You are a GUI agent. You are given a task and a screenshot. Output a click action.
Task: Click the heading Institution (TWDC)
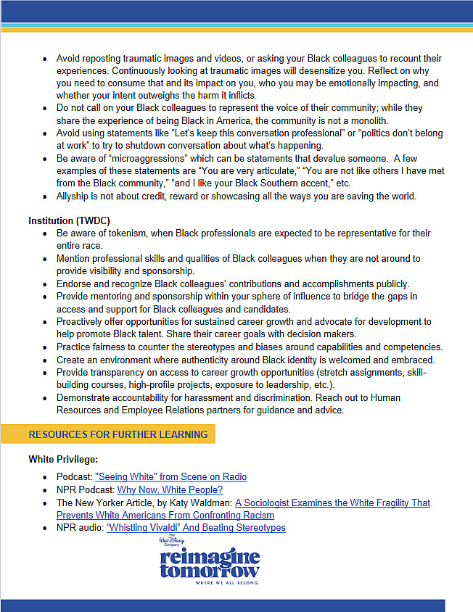pyautogui.click(x=69, y=220)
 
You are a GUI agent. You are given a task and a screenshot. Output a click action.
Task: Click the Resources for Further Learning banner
pyautogui.click(x=118, y=434)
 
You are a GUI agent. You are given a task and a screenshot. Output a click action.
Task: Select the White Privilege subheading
pyautogui.click(x=64, y=459)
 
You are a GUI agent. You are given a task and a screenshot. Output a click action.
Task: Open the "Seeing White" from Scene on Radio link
pyautogui.click(x=170, y=476)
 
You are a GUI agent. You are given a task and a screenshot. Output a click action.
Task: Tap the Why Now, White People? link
pyautogui.click(x=170, y=489)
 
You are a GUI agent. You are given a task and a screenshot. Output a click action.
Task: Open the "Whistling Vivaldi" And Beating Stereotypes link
pyautogui.click(x=196, y=528)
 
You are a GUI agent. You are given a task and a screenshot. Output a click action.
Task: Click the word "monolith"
pyautogui.click(x=369, y=120)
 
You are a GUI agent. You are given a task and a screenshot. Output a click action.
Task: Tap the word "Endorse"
pyautogui.click(x=75, y=284)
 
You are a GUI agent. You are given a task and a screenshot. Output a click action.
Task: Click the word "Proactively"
pyautogui.click(x=83, y=322)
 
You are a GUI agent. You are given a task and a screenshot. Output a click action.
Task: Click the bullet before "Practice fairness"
pyautogui.click(x=45, y=347)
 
